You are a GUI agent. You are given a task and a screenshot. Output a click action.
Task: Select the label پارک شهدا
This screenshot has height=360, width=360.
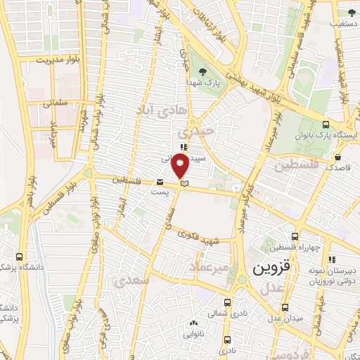click(203, 82)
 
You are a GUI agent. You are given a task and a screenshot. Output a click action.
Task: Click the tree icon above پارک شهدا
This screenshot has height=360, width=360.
click(203, 71)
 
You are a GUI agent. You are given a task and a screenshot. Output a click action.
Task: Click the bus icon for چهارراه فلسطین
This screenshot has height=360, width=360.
click(295, 237)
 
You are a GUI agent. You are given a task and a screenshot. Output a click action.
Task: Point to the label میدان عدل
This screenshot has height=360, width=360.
click(284, 319)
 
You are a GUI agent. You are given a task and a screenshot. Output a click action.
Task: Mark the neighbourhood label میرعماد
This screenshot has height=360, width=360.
click(209, 268)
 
